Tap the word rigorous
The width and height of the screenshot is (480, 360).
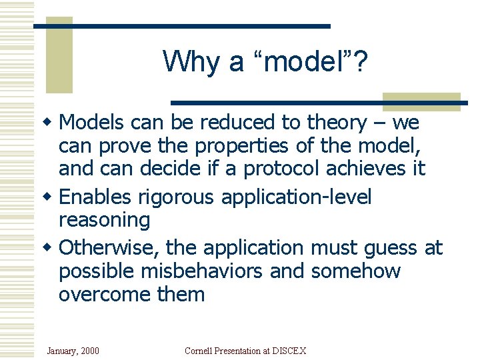177,197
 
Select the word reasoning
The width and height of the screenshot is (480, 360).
105,220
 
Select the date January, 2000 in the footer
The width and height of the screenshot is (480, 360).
73,351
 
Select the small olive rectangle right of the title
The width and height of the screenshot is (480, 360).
421,102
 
